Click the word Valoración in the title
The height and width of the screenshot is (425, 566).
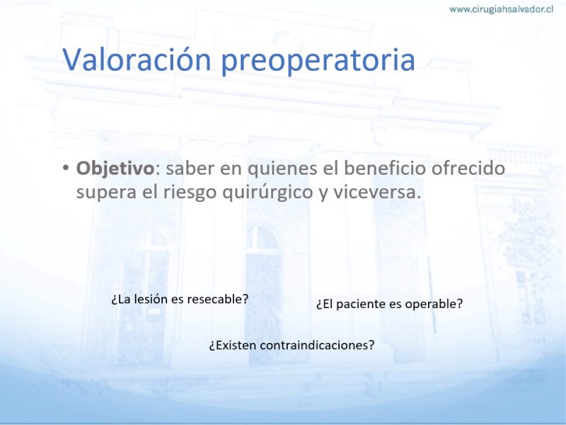coord(137,59)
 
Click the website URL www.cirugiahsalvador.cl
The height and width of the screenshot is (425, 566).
coord(501,9)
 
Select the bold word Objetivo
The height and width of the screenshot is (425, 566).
coord(115,169)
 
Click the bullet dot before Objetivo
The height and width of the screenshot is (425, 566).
coord(65,168)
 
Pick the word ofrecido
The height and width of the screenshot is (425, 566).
coord(468,168)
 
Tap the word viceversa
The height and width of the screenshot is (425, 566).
coord(377,192)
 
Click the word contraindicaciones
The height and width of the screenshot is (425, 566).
coord(317,345)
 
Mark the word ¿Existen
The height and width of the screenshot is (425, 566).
coord(233,345)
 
